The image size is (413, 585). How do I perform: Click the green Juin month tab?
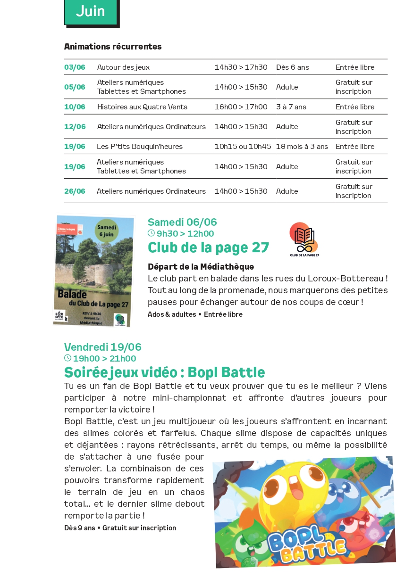point(90,11)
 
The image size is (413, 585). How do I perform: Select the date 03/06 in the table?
point(75,67)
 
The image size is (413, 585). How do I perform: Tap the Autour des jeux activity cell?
point(123,67)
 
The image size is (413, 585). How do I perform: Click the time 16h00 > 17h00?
point(241,107)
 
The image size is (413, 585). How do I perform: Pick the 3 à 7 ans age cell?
point(291,107)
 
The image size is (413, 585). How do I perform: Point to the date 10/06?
point(75,107)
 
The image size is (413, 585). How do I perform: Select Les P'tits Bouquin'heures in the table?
point(140,146)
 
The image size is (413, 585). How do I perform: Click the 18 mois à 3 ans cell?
point(302,146)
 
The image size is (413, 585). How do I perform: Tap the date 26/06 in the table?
point(75,191)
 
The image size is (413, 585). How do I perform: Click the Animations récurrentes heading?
point(113,46)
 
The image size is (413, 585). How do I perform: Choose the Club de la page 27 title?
point(208,247)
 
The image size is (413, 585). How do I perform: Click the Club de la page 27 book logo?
point(304,239)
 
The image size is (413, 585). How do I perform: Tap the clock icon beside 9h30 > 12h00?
point(151,233)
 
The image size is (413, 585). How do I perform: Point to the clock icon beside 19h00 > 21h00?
point(67,358)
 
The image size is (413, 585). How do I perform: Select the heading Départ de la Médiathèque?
point(201,267)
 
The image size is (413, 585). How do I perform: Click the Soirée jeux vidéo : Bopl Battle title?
point(164,372)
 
